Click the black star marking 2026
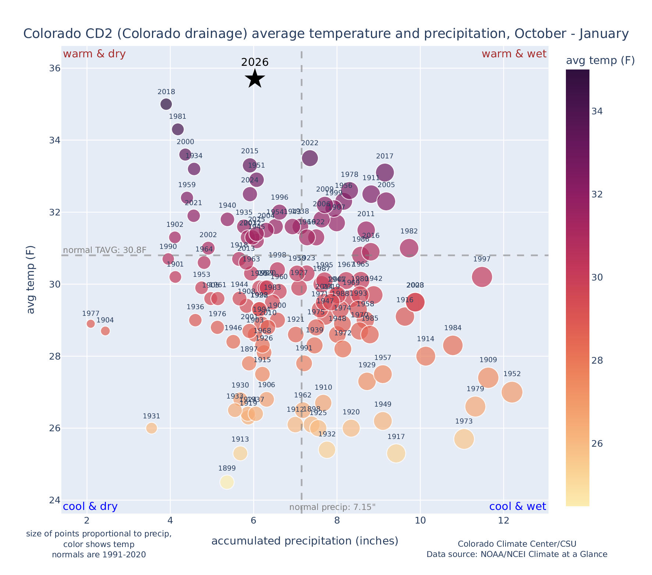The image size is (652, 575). click(255, 79)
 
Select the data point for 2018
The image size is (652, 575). click(166, 104)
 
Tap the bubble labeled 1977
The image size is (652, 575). click(91, 324)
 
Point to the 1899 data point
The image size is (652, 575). click(227, 482)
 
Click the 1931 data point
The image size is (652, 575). click(151, 428)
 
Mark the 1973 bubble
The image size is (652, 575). click(464, 439)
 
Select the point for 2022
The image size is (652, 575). click(310, 158)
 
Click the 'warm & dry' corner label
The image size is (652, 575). click(94, 54)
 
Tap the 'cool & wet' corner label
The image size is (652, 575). click(517, 507)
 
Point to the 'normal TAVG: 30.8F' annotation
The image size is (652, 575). click(105, 250)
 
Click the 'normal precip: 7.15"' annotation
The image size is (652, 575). click(332, 507)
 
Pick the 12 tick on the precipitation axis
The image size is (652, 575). click(503, 521)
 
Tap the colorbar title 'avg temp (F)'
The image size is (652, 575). click(600, 61)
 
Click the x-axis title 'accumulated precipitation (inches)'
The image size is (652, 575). click(305, 541)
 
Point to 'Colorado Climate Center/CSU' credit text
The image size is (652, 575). click(517, 544)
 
